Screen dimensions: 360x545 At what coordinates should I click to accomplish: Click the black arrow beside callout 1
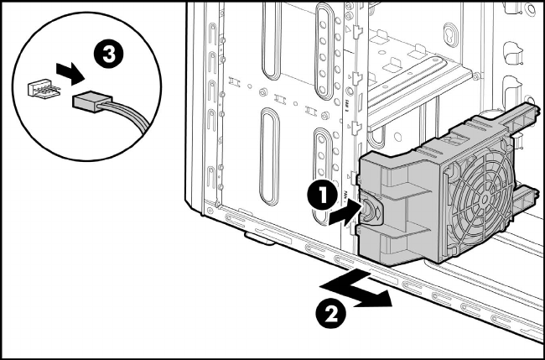click(341, 214)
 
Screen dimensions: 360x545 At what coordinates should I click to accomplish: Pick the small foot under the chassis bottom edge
click(256, 242)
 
